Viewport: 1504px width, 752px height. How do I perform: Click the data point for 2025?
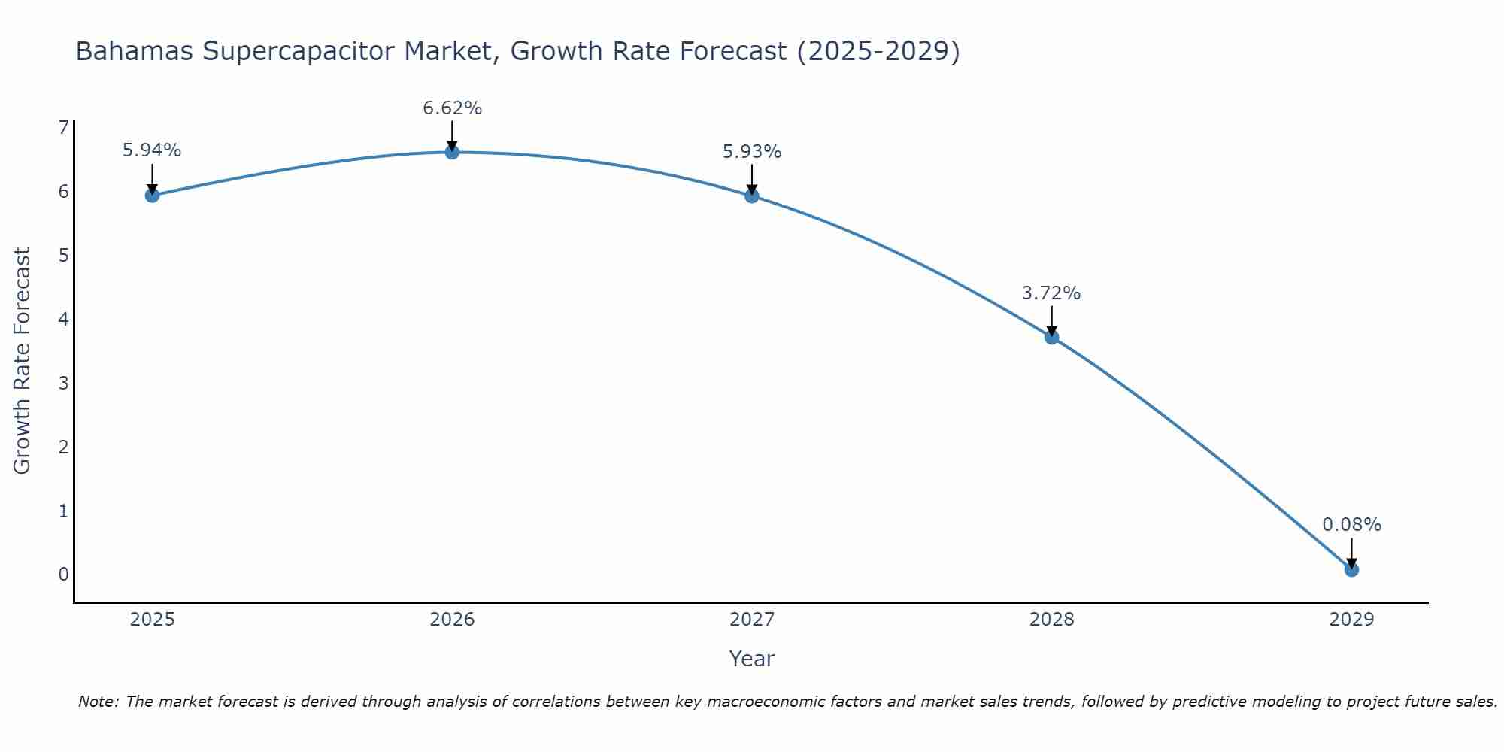point(152,196)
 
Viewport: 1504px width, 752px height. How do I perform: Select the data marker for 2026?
point(452,153)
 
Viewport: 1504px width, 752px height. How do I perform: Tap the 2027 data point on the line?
point(752,196)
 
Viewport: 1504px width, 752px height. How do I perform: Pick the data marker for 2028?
point(1051,337)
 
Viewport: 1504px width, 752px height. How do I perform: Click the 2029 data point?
point(1351,570)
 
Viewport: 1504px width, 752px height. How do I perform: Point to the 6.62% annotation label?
point(452,108)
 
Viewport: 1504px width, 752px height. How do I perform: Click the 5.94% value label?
point(152,150)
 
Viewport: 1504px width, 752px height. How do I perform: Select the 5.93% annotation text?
point(752,152)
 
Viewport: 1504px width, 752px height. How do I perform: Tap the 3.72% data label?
point(1051,293)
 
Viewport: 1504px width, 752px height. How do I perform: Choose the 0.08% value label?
point(1351,525)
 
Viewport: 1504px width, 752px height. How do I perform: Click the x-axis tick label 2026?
point(452,620)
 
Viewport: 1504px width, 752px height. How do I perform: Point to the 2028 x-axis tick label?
point(1051,620)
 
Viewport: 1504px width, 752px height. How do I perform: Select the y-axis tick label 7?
point(63,128)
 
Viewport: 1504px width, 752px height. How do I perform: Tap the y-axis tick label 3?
point(63,384)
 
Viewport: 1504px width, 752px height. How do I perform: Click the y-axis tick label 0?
point(63,575)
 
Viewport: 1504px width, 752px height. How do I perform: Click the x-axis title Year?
point(752,659)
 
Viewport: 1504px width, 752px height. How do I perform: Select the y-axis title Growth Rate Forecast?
point(23,361)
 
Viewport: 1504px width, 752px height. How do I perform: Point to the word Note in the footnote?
point(98,702)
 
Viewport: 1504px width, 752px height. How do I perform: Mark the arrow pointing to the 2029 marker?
point(1351,553)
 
